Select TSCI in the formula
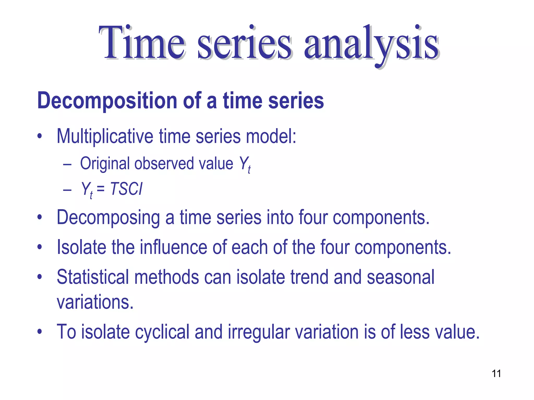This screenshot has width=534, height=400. pos(126,189)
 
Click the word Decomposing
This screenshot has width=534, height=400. pos(108,218)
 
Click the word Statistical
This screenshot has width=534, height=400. pos(93,277)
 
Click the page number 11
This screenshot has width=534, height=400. pos(496,373)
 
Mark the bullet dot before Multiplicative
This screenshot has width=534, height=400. pos(39,136)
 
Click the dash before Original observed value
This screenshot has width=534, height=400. pos(67,165)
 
